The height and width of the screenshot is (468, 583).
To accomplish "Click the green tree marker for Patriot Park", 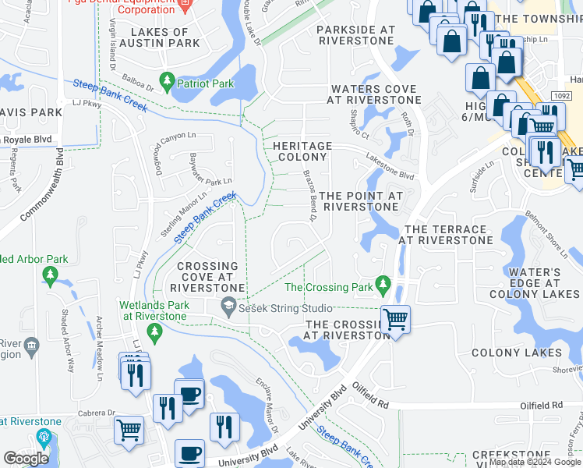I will (166, 80).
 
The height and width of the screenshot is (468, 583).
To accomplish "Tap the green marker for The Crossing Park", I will (382, 285).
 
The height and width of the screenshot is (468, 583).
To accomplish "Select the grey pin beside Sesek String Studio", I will (229, 307).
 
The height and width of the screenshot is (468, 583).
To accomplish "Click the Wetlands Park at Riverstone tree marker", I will (154, 332).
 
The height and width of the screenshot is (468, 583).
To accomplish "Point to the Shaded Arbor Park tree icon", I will (51, 275).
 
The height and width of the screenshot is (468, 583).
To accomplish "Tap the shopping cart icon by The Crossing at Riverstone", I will (396, 319).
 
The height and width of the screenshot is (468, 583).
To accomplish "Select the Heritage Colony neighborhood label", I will (301, 151).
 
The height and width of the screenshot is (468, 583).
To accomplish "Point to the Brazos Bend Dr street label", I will (309, 204).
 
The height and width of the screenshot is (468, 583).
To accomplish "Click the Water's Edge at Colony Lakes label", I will (534, 283).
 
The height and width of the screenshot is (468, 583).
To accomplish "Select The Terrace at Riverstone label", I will (445, 235).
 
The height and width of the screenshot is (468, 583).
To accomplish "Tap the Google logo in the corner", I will (26, 458).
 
